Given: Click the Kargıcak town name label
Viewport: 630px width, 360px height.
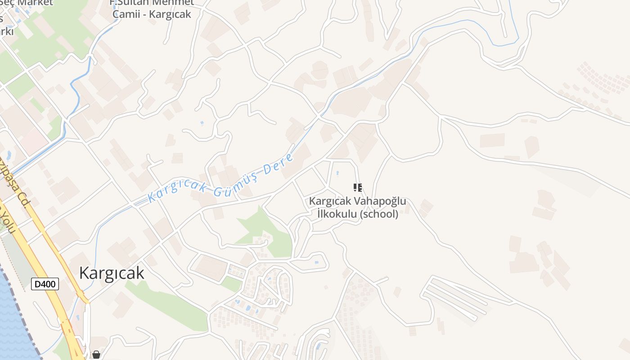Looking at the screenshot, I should [112, 273].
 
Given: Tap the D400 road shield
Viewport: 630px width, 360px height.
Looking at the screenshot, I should [45, 284].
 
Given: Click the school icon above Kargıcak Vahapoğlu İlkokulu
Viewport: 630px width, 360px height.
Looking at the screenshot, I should [357, 187].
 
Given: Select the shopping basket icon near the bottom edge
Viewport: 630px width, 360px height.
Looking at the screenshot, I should [96, 355].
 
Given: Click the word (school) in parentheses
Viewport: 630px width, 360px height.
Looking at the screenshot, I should [379, 214].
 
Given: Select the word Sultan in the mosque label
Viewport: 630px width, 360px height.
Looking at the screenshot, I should [134, 3].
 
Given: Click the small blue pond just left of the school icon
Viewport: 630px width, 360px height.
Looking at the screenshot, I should [337, 172].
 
